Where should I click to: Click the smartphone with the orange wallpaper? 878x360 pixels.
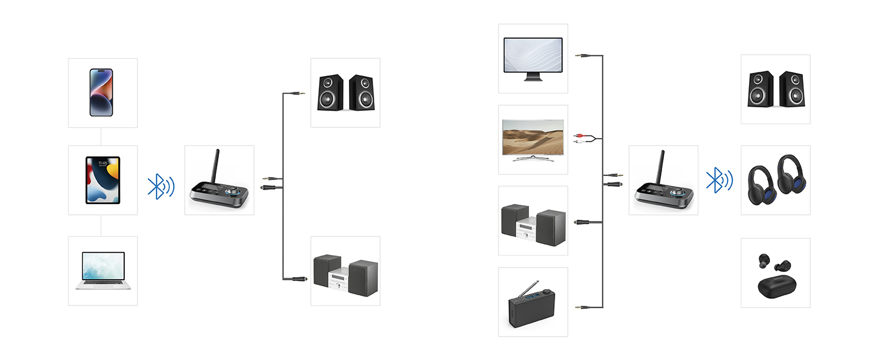coord(101,92)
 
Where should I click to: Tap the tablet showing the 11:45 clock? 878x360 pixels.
coord(103,180)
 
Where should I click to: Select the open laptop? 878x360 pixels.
coord(103,271)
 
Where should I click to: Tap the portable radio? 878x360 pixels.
coord(533,306)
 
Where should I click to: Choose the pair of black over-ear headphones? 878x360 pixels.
coord(775,180)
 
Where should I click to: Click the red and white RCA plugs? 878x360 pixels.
coord(579,139)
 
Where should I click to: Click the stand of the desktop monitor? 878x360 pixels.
coord(533,77)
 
